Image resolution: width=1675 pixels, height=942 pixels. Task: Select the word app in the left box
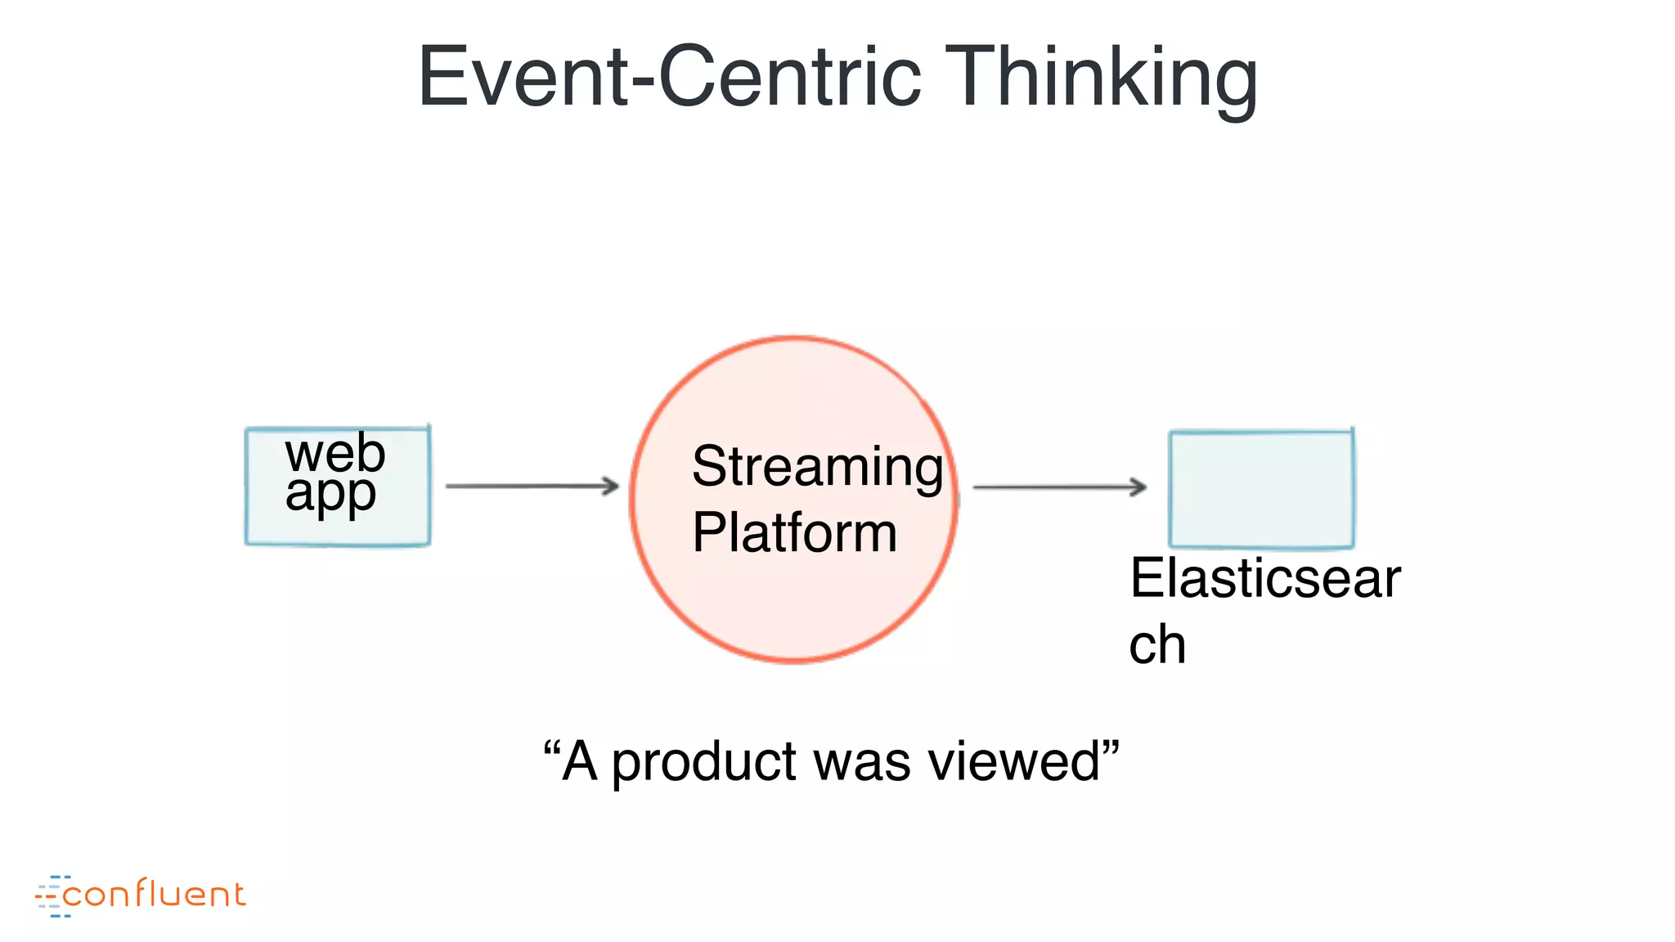tap(330, 494)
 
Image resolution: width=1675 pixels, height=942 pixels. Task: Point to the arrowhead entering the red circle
tap(609, 486)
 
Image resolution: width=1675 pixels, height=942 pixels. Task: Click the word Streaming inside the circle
tap(817, 467)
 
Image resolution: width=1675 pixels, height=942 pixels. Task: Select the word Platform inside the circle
tap(794, 532)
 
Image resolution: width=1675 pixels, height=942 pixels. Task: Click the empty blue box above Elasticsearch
tap(1261, 489)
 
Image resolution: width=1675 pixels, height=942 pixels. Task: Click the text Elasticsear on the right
tap(1265, 578)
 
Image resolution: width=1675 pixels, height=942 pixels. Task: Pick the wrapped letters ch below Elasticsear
tap(1157, 645)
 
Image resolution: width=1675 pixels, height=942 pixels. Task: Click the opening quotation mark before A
tap(551, 747)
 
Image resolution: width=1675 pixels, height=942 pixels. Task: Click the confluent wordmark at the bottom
tap(154, 895)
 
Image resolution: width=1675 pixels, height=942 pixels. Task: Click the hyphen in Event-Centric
tap(642, 81)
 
